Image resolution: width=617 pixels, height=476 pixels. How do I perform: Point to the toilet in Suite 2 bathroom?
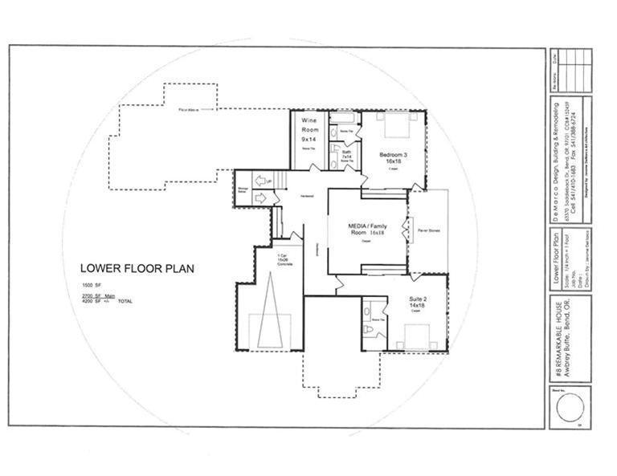(x=368, y=329)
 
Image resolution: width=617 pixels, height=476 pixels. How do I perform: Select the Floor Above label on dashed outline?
(x=188, y=109)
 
